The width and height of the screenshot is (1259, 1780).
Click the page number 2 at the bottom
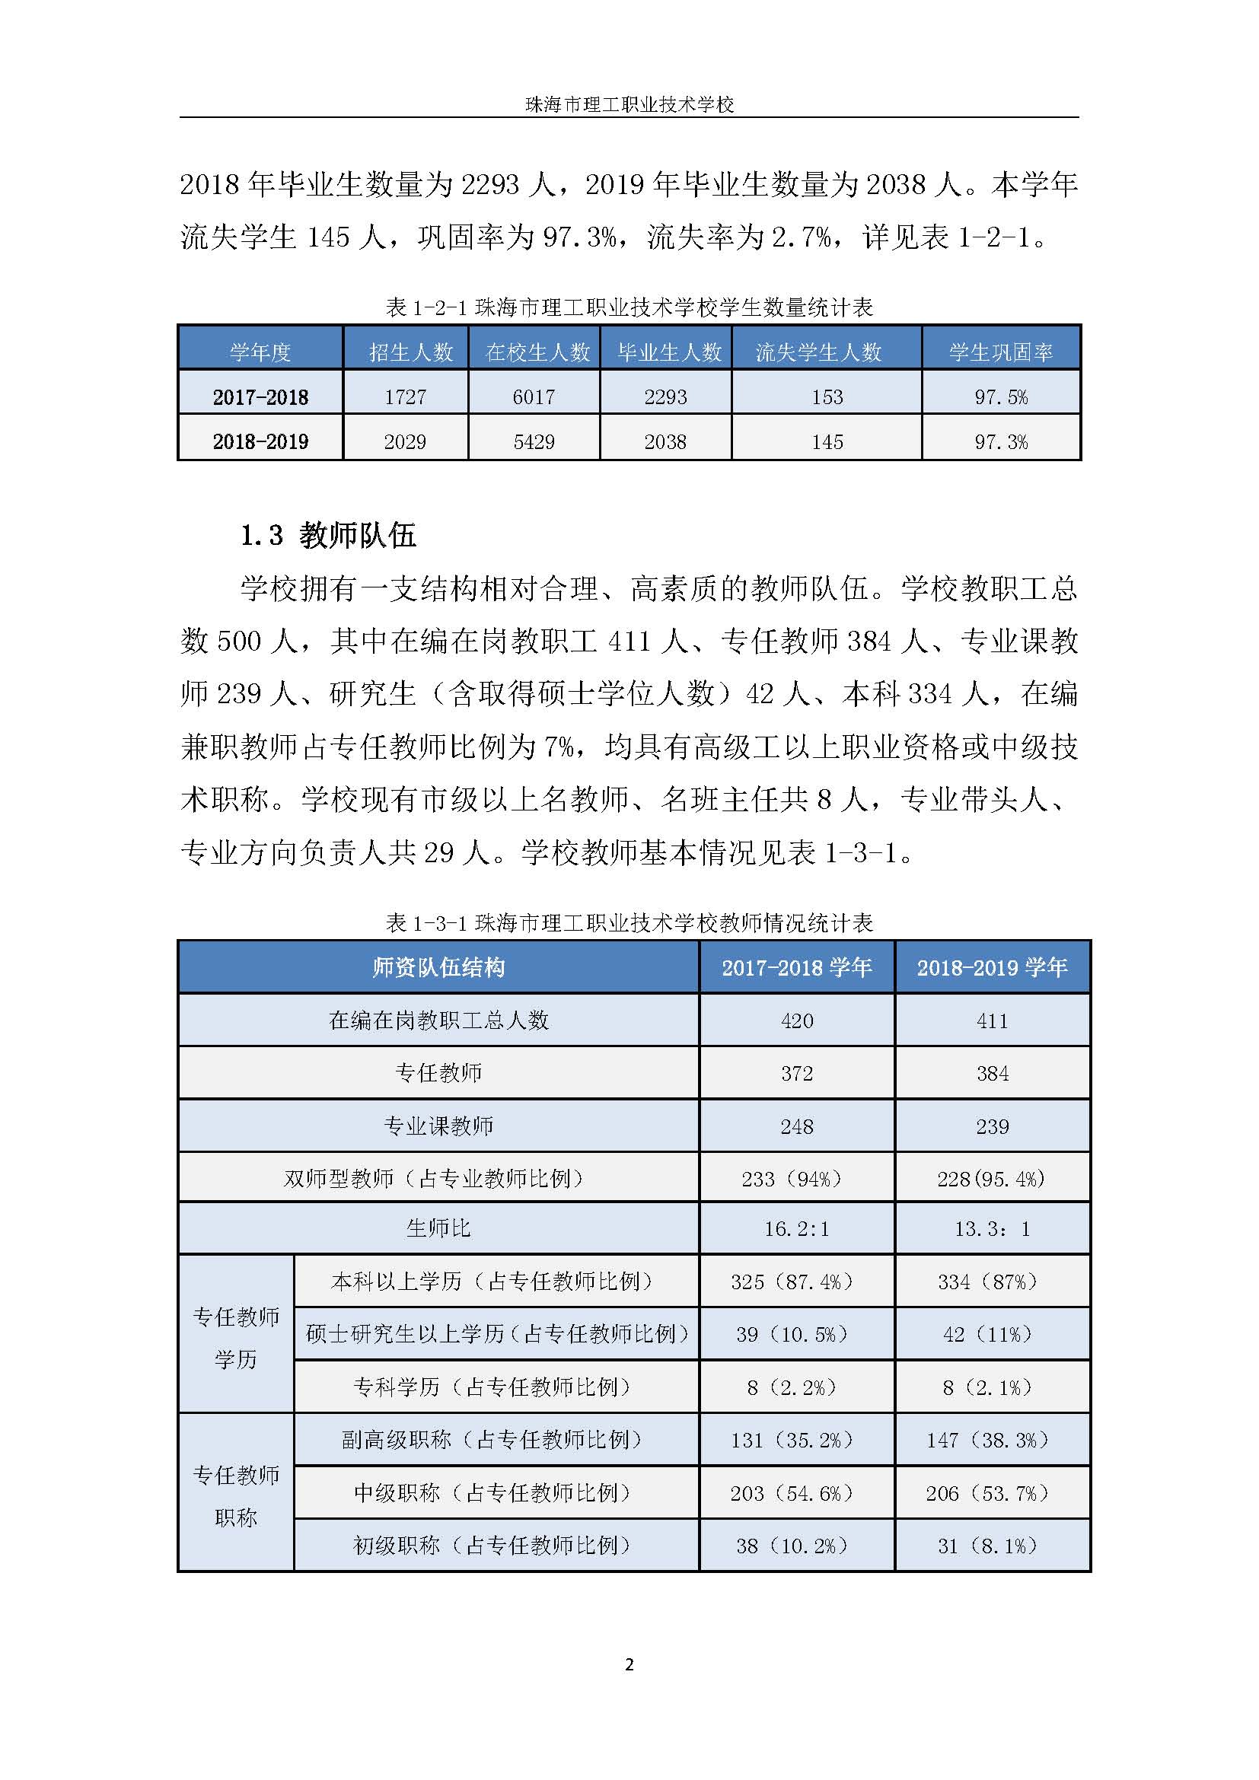(x=629, y=1664)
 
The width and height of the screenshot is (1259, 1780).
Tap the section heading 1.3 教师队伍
(x=328, y=536)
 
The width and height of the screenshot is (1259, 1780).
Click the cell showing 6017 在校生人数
(x=534, y=398)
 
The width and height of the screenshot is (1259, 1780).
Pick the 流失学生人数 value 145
(x=827, y=442)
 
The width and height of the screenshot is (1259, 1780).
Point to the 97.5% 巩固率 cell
(x=1001, y=398)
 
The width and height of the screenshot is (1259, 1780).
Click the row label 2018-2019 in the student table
(x=260, y=442)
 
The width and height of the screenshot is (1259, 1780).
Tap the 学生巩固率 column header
(x=1001, y=353)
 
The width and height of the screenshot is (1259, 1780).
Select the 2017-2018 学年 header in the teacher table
(x=796, y=967)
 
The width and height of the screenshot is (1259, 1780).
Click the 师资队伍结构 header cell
(x=438, y=967)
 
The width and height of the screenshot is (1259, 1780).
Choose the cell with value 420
(x=796, y=1021)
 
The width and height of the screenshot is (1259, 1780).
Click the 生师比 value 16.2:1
(x=796, y=1229)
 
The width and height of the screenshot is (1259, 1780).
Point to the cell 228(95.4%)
(x=992, y=1179)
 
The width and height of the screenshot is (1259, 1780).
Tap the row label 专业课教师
(x=438, y=1126)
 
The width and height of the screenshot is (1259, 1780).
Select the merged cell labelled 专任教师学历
(x=236, y=1337)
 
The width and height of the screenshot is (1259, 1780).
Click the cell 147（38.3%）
(x=988, y=1441)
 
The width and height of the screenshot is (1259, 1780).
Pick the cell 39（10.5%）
(x=792, y=1334)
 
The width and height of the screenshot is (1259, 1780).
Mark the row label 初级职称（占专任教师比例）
(x=492, y=1546)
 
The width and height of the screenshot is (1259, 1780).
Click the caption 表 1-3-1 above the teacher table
(x=629, y=923)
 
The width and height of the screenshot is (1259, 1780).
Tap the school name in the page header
(x=629, y=105)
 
